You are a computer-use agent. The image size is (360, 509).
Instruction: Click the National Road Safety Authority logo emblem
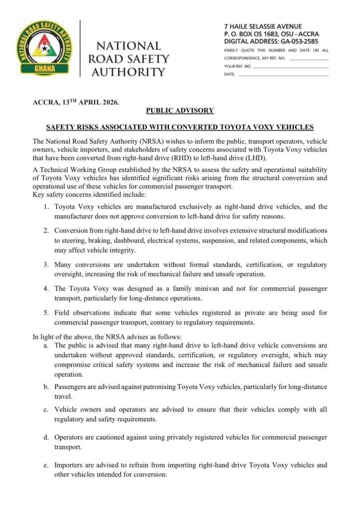tap(44, 48)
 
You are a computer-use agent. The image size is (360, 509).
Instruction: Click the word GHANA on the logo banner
tap(44, 68)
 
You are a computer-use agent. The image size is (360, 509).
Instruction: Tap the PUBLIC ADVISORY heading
tap(180, 110)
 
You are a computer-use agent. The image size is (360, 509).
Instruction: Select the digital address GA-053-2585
tap(295, 41)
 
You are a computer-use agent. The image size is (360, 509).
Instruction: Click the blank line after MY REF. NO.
tap(308, 58)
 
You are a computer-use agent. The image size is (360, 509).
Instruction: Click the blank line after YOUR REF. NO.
tap(291, 66)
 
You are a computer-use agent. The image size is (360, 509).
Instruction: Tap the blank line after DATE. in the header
tap(283, 74)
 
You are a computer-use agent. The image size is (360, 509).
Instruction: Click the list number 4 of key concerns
tap(45, 288)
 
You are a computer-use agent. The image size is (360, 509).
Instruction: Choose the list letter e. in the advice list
tap(45, 465)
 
